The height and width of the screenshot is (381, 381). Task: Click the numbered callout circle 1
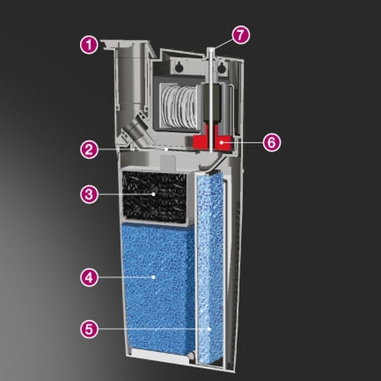click(x=89, y=46)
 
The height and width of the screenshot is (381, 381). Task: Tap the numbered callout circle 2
click(x=89, y=149)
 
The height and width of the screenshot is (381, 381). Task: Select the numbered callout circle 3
click(x=89, y=194)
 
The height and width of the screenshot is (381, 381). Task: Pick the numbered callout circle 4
click(x=89, y=277)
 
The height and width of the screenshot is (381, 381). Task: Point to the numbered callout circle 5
click(x=89, y=329)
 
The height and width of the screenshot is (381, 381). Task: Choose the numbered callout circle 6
click(x=272, y=142)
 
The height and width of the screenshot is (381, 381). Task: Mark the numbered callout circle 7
click(x=241, y=35)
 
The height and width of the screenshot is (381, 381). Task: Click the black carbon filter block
click(x=155, y=197)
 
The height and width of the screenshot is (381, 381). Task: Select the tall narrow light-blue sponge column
click(x=210, y=267)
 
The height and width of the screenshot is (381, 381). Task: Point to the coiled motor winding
click(x=179, y=106)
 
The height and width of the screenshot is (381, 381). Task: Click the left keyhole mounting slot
click(x=178, y=66)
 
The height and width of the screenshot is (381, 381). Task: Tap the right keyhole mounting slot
click(x=223, y=66)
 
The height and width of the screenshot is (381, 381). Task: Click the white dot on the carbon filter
click(x=153, y=194)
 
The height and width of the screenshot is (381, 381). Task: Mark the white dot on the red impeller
click(x=222, y=142)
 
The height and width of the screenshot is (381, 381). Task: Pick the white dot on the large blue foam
click(x=153, y=277)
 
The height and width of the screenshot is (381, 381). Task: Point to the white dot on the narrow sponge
click(x=209, y=329)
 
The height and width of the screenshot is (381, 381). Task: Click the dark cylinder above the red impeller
click(x=211, y=103)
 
